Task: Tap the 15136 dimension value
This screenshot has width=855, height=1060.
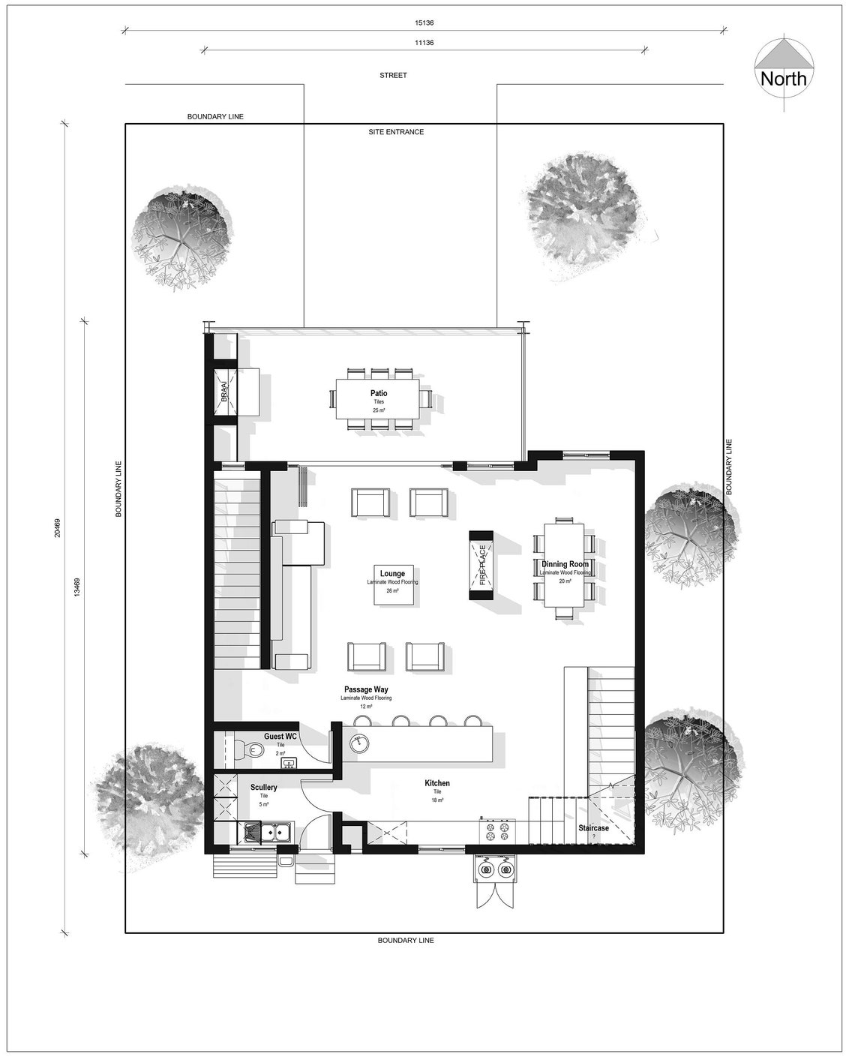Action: point(424,23)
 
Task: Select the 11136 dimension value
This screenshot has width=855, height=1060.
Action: point(424,44)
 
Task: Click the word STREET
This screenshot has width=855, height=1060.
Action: point(393,75)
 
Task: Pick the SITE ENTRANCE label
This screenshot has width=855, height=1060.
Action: point(395,132)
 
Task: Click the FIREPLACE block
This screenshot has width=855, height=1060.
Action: point(481,565)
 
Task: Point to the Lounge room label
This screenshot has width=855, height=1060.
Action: point(392,575)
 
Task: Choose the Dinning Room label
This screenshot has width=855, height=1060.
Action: point(565,564)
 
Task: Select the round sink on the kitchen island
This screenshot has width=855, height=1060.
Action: point(361,742)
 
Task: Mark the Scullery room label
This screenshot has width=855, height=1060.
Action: point(264,788)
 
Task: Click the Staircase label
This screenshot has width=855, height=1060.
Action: point(593,828)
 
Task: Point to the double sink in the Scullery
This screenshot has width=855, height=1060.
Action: point(268,832)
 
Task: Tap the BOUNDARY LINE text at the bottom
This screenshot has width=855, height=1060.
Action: point(406,941)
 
